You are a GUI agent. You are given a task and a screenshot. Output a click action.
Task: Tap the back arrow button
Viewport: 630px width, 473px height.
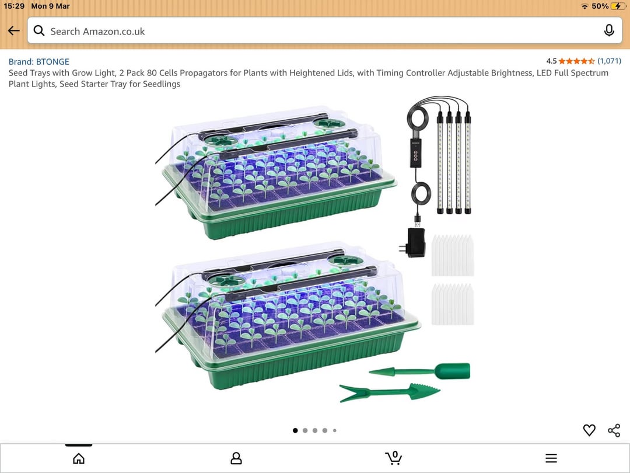(x=13, y=30)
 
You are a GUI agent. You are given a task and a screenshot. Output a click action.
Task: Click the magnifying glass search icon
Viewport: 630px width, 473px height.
(x=39, y=30)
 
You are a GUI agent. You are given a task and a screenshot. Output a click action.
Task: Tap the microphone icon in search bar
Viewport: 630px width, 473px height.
(x=609, y=30)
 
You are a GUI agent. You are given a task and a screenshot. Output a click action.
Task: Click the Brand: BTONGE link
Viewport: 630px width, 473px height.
(x=39, y=61)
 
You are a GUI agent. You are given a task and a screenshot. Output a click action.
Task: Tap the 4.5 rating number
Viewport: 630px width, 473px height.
(x=551, y=61)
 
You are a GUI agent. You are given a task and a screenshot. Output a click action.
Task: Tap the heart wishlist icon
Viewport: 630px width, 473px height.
(x=589, y=430)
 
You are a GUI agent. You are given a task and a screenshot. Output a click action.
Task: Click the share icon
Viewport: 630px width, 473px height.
(x=614, y=430)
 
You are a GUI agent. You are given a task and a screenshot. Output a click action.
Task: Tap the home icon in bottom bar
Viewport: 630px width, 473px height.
(x=79, y=458)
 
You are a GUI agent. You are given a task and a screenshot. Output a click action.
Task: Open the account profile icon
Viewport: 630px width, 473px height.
(x=236, y=458)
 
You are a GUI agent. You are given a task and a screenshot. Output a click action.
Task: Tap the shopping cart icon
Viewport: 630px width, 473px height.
(x=393, y=458)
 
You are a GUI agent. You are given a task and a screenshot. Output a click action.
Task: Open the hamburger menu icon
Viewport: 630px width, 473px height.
(x=551, y=458)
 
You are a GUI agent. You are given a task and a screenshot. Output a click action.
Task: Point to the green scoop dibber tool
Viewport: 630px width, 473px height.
(x=419, y=371)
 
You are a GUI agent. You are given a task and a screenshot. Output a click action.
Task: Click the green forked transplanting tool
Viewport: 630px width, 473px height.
(x=389, y=392)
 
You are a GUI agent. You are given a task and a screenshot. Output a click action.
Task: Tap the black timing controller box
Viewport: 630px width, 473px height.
(x=415, y=153)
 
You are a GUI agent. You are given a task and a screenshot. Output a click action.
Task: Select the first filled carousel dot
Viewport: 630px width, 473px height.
(x=295, y=430)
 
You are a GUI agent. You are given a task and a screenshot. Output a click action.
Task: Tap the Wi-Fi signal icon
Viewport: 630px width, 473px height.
(x=584, y=6)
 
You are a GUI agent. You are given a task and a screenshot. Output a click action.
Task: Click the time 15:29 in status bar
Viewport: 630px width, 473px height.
(x=14, y=6)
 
